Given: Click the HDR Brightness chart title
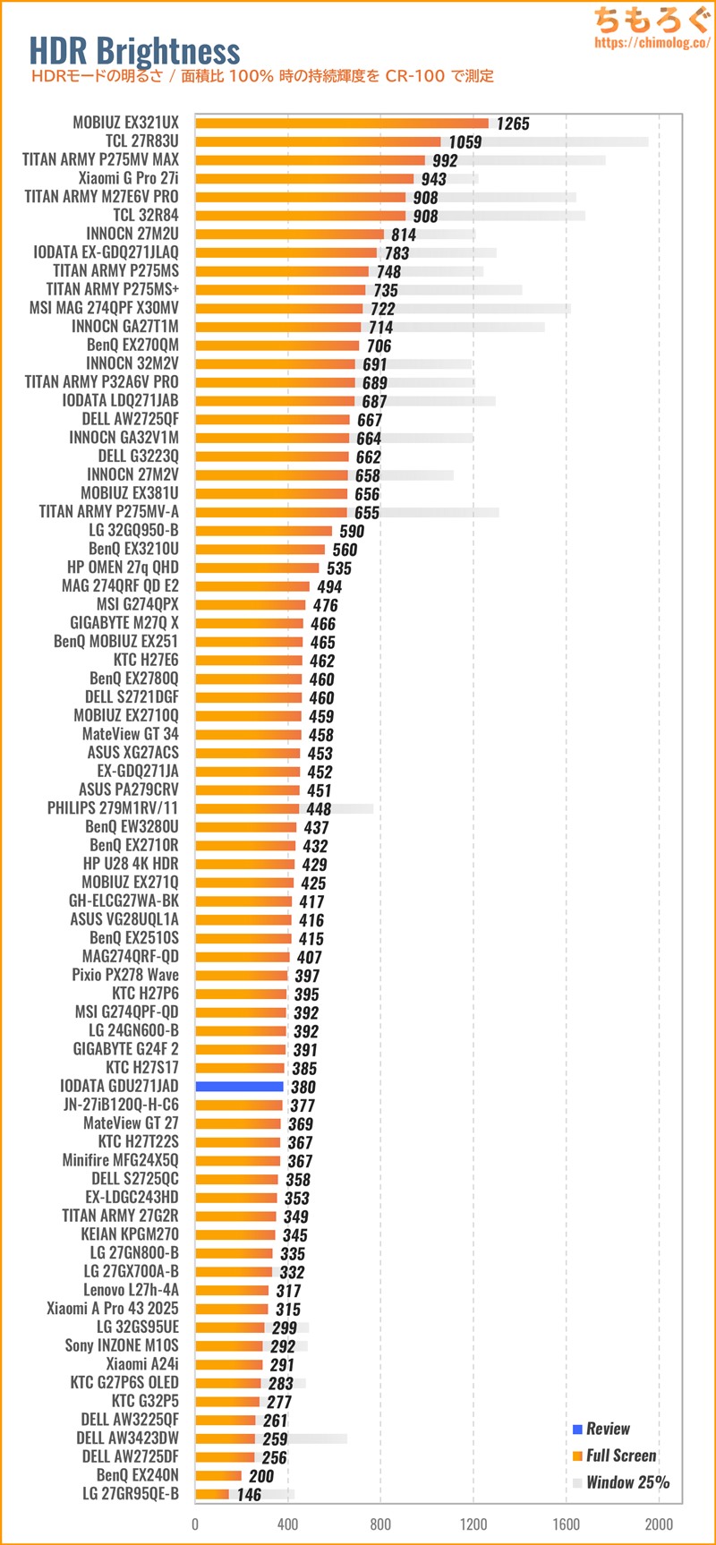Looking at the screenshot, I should tap(134, 51).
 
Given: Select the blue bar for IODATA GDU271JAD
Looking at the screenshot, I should tap(239, 1087).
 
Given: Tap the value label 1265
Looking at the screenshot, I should tap(513, 124).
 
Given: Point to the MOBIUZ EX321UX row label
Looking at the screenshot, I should tap(125, 123).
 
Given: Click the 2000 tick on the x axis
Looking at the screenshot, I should tap(659, 1524).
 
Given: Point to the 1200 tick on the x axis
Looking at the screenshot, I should tap(473, 1524).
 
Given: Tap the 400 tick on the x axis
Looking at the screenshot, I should tap(287, 1524).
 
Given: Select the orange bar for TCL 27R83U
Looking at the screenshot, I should tap(318, 141).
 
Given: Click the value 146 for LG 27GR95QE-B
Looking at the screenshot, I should tap(249, 1495).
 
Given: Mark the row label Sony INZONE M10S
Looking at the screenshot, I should tap(121, 1345).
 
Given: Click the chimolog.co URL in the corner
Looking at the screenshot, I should tap(652, 42).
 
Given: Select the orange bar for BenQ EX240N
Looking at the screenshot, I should tap(218, 1476).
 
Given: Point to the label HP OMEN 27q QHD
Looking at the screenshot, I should tap(123, 568).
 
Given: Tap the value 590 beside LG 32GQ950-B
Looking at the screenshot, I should tap(352, 532).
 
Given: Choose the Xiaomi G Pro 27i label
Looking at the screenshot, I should tap(128, 178).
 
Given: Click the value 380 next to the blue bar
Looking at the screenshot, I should tap(303, 1088).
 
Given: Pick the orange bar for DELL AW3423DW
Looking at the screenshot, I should tap(225, 1438).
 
